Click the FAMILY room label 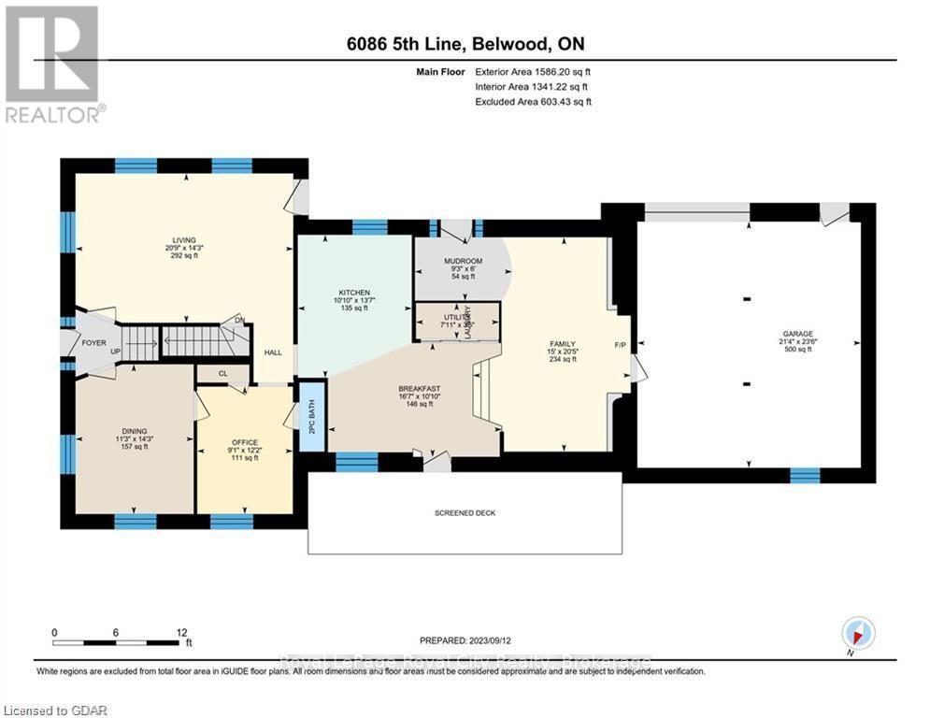point(561,343)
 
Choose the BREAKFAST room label point(419,389)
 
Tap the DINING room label point(127,430)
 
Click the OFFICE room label point(244,442)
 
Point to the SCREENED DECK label point(465,513)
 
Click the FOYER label point(93,343)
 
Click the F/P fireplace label point(619,345)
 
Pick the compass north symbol point(857,633)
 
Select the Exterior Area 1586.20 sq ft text point(533,71)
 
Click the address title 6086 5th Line point(465,44)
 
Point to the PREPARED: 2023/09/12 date point(465,640)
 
